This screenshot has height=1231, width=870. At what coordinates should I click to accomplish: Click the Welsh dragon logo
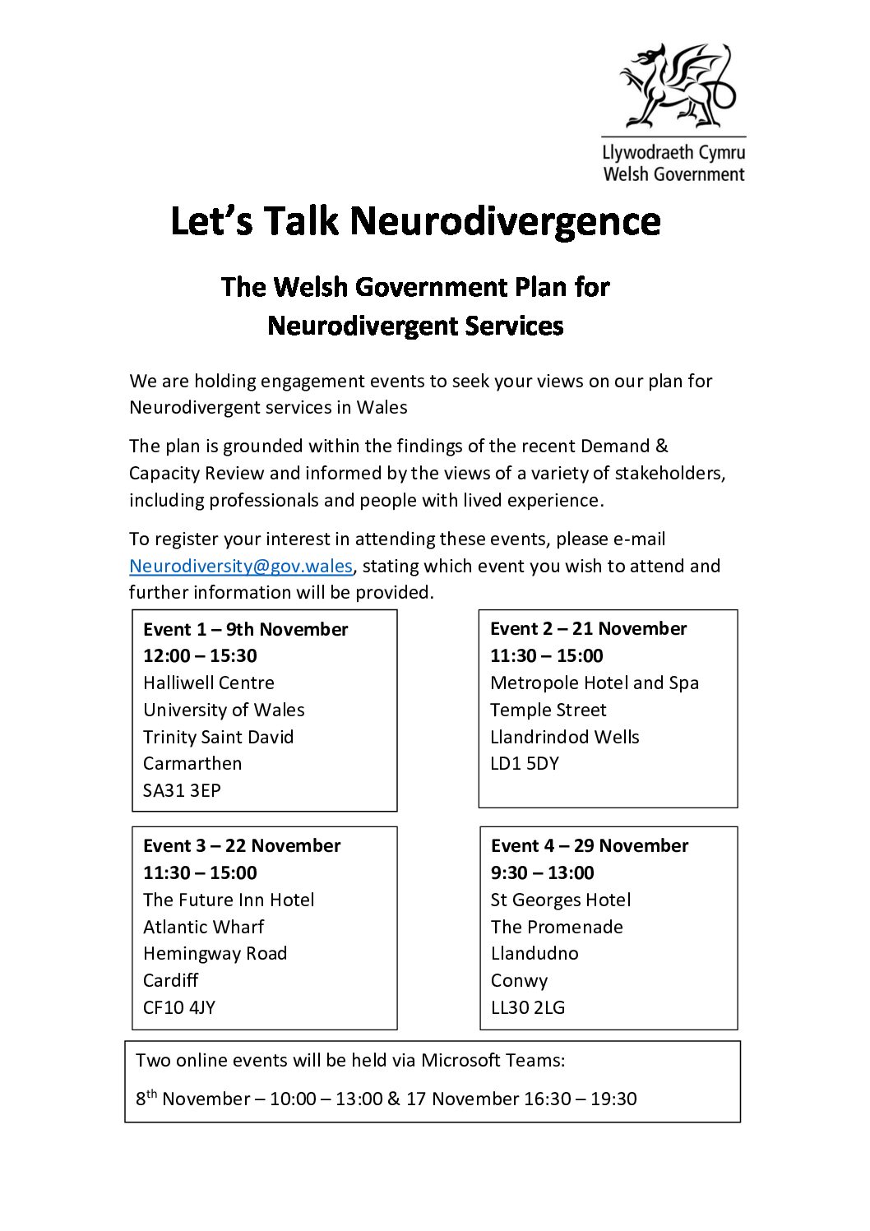(676, 86)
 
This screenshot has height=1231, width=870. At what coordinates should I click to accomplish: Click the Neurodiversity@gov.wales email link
(241, 566)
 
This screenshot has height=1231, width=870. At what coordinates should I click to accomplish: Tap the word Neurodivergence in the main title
(505, 221)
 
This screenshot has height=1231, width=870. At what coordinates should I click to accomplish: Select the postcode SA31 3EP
(182, 790)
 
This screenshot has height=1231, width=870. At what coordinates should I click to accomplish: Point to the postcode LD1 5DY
(525, 763)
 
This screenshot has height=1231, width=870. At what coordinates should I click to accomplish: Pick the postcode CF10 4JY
(179, 1007)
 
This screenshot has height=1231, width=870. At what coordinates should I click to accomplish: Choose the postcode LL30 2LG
(528, 1007)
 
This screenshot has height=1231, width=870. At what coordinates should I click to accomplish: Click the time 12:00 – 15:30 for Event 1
(200, 655)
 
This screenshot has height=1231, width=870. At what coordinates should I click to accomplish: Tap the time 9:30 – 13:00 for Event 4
(542, 872)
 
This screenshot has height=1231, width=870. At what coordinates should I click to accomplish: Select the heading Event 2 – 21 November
(588, 628)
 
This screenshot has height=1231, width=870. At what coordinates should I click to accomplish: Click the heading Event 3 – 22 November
(242, 845)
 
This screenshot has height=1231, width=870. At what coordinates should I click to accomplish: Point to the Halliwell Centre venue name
(209, 683)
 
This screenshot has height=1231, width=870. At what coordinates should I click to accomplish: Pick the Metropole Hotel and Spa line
(595, 683)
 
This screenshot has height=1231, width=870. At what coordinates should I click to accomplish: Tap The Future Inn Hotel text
(229, 900)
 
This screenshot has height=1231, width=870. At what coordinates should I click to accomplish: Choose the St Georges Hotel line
(561, 900)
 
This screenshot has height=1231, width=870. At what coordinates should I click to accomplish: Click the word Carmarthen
(192, 763)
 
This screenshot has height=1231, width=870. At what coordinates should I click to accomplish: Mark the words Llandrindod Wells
(565, 737)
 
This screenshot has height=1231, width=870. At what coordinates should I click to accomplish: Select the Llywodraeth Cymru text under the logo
(673, 153)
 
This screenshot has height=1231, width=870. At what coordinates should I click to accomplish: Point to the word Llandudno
(534, 953)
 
